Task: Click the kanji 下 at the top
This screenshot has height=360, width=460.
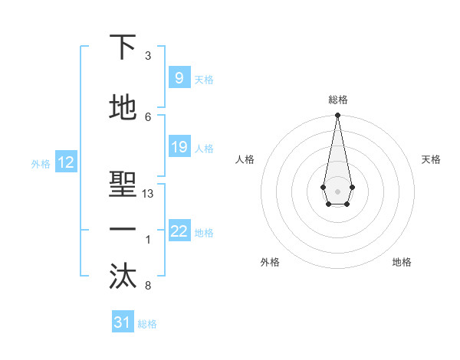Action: coord(123,47)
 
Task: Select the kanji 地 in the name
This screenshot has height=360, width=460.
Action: coord(123,108)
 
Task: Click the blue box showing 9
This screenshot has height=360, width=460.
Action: coord(179,78)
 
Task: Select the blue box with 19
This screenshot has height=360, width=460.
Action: coord(179,147)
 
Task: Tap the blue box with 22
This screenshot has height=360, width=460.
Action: coord(179,231)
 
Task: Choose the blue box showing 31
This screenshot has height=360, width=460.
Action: coord(123,322)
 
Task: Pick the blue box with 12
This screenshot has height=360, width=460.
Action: coord(65,162)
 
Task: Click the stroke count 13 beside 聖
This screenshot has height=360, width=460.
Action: coord(148,194)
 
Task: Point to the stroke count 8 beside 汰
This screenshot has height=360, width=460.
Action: coord(148,286)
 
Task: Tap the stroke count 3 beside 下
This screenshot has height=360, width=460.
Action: coord(148,56)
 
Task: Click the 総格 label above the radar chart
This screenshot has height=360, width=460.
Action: coord(337,100)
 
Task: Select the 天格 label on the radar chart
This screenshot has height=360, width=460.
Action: coord(431,159)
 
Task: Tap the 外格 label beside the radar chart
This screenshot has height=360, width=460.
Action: coord(270,262)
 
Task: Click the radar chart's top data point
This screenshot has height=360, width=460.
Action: coord(337,116)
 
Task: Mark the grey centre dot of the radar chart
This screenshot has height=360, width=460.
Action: coord(337,190)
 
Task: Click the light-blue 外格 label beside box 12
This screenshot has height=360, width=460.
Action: coord(40,163)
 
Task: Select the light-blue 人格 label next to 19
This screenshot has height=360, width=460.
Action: coord(204,148)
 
